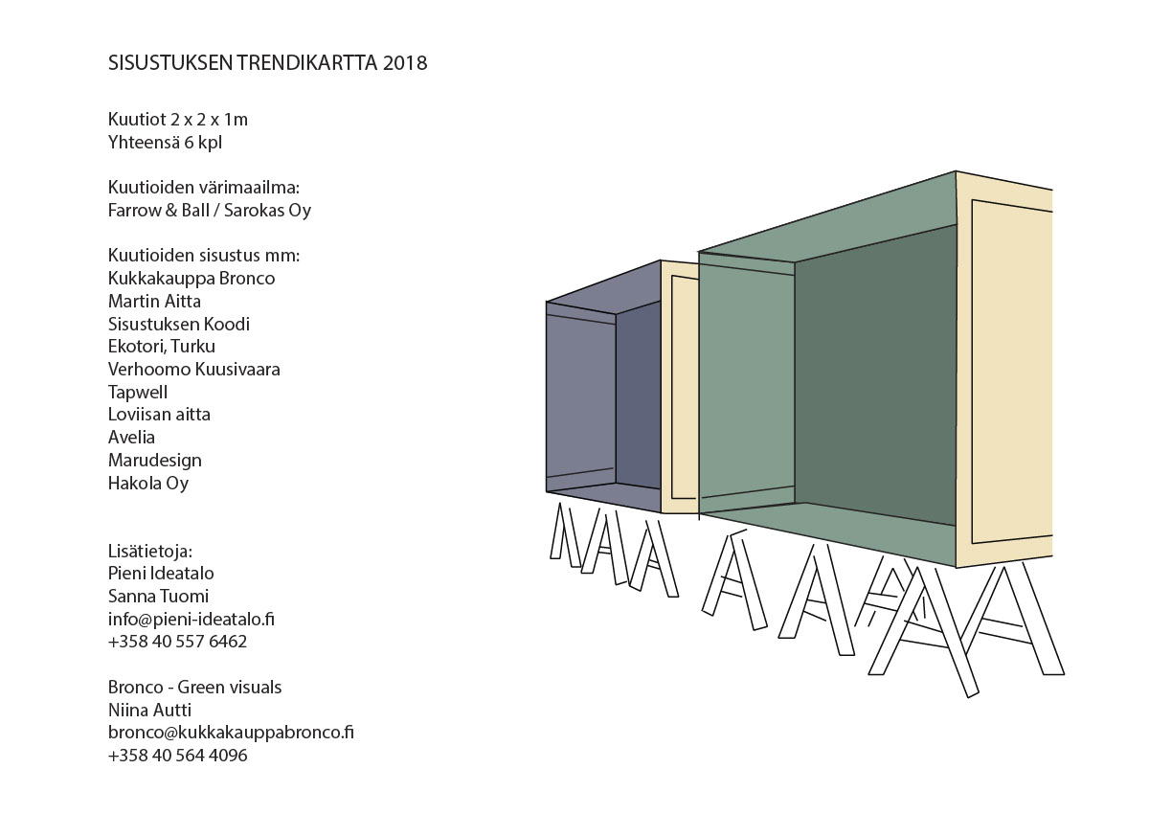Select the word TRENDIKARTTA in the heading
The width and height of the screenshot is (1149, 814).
(x=306, y=62)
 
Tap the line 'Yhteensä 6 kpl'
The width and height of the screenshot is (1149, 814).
(x=165, y=142)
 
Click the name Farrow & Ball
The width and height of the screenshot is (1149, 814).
(x=159, y=210)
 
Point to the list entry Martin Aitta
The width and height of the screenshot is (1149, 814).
(x=154, y=301)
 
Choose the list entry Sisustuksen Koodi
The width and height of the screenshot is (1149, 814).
(x=179, y=324)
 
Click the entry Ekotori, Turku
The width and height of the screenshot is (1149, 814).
(x=162, y=347)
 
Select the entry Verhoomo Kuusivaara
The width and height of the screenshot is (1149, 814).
(x=193, y=369)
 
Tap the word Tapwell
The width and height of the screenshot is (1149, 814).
(x=138, y=392)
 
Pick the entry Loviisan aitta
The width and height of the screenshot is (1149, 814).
(x=159, y=414)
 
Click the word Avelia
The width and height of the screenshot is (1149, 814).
(x=131, y=437)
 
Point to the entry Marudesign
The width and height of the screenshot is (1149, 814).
(x=155, y=460)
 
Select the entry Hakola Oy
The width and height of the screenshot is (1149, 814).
(x=148, y=483)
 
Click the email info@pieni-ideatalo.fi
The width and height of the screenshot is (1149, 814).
(x=191, y=619)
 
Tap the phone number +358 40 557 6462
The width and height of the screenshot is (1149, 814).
(x=177, y=642)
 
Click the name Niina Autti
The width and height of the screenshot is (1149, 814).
(x=149, y=710)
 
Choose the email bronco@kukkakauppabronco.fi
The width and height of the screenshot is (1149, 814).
(x=231, y=732)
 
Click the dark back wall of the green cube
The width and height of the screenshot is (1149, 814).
(x=875, y=374)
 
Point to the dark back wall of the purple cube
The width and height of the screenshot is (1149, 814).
(x=638, y=395)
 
